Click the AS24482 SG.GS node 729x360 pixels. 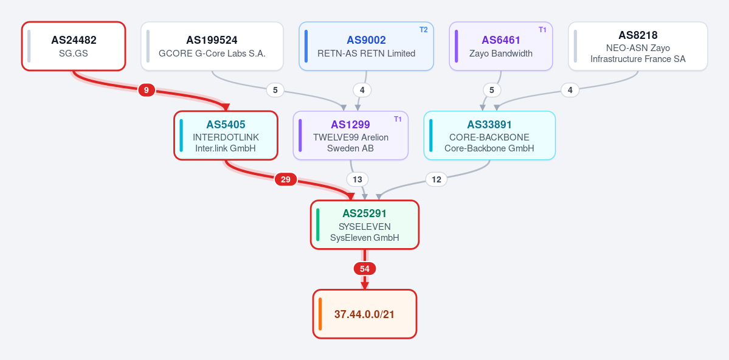tap(74, 46)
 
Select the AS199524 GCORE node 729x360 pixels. tap(212, 46)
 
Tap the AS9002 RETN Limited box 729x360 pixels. tap(367, 46)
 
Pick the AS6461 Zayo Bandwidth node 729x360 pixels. tap(501, 46)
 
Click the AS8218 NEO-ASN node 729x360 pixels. tap(638, 46)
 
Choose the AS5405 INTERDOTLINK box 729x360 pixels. tap(226, 136)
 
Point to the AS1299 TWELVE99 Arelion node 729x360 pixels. tap(351, 136)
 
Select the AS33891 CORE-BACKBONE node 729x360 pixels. tap(489, 136)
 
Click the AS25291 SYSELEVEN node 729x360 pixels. tap(365, 224)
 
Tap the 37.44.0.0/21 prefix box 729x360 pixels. tap(365, 314)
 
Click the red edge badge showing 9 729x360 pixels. tap(147, 90)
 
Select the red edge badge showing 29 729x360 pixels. tap(286, 179)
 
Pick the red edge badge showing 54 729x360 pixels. tap(365, 269)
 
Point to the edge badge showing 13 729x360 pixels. tap(358, 179)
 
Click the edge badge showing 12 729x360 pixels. tap(436, 179)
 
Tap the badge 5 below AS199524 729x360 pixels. tap(275, 90)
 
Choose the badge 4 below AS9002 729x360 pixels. tap(362, 90)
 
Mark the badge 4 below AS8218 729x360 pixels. tap(570, 90)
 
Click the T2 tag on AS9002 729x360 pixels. tap(424, 30)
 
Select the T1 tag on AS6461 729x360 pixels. tap(542, 30)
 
